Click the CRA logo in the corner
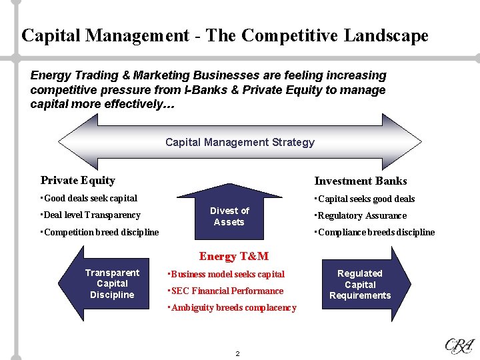(459, 345)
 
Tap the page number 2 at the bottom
(237, 353)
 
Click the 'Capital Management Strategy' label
(239, 142)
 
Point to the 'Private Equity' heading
(77, 180)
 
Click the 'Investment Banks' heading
(360, 181)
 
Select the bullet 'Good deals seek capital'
(90, 198)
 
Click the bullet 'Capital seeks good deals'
(366, 199)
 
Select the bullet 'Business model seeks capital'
(227, 274)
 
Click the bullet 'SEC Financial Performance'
(227, 291)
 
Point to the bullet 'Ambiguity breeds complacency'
(233, 307)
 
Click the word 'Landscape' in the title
(386, 35)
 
